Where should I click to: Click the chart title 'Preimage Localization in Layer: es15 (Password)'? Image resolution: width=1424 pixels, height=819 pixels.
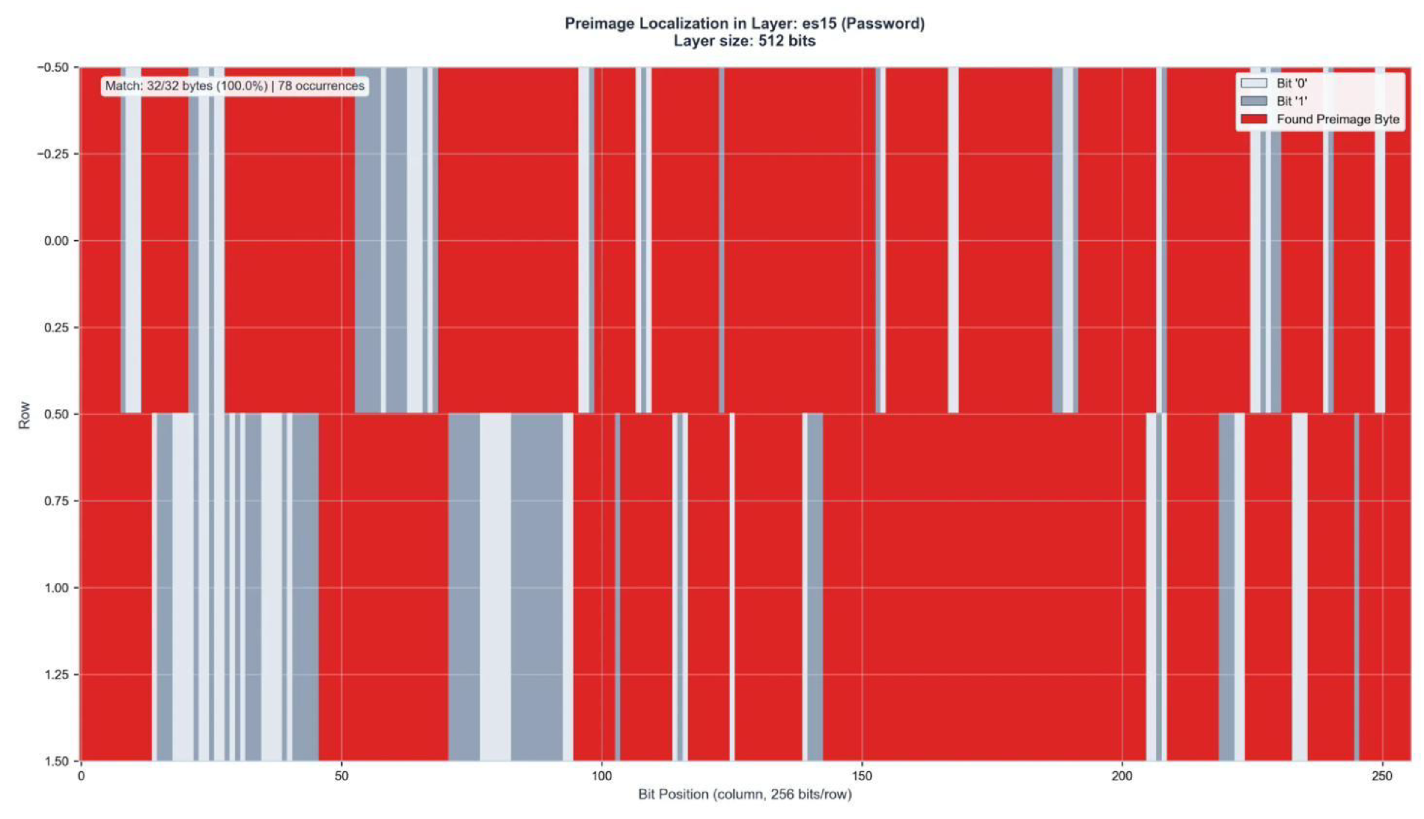(x=745, y=24)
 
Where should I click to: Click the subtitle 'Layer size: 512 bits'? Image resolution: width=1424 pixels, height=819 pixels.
(x=745, y=41)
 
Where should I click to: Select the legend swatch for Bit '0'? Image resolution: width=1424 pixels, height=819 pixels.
(x=1254, y=83)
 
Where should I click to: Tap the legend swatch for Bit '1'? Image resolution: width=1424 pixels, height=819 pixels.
(x=1254, y=101)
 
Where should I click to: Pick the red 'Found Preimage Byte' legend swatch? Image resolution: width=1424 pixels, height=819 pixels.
(x=1254, y=119)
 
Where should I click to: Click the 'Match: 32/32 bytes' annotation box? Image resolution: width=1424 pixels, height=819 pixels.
(x=235, y=86)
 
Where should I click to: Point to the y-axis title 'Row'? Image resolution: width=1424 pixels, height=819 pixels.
(x=24, y=415)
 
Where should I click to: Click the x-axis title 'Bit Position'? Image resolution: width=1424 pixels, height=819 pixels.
(x=745, y=794)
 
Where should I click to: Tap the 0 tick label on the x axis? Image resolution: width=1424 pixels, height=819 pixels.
(x=81, y=776)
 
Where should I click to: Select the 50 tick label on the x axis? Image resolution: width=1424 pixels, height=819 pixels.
(x=341, y=776)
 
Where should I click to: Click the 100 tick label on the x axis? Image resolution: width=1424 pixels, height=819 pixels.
(x=602, y=776)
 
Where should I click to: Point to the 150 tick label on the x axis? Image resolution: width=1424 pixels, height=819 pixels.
(x=862, y=776)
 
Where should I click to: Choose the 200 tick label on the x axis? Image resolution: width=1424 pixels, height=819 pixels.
(x=1122, y=776)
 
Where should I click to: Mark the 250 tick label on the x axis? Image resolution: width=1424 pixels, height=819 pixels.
(x=1382, y=776)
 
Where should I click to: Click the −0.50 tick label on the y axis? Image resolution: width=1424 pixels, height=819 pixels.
(x=53, y=68)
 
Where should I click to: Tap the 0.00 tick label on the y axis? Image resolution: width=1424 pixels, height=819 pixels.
(x=56, y=241)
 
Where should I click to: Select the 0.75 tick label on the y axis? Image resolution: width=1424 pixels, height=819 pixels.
(x=56, y=501)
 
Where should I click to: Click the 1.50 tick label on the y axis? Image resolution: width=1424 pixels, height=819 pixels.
(x=56, y=761)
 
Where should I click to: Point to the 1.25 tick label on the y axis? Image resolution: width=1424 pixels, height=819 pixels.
(x=56, y=675)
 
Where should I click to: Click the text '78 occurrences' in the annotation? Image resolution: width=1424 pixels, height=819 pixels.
(x=321, y=86)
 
